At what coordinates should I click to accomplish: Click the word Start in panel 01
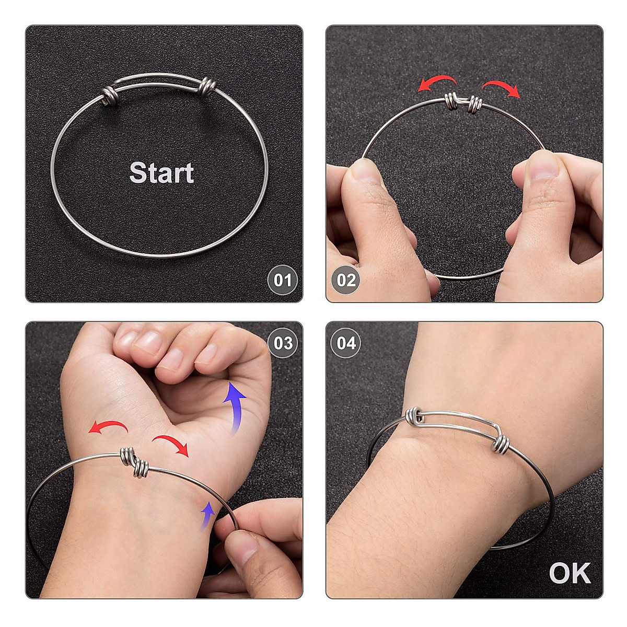click(x=161, y=172)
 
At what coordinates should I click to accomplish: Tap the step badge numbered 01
click(x=282, y=280)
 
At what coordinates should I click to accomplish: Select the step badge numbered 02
click(x=346, y=280)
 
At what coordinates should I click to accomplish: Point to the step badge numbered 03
click(x=283, y=343)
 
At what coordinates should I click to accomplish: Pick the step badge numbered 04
click(x=346, y=343)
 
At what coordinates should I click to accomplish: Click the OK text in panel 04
click(x=570, y=573)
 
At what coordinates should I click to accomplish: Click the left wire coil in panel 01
click(x=110, y=96)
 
